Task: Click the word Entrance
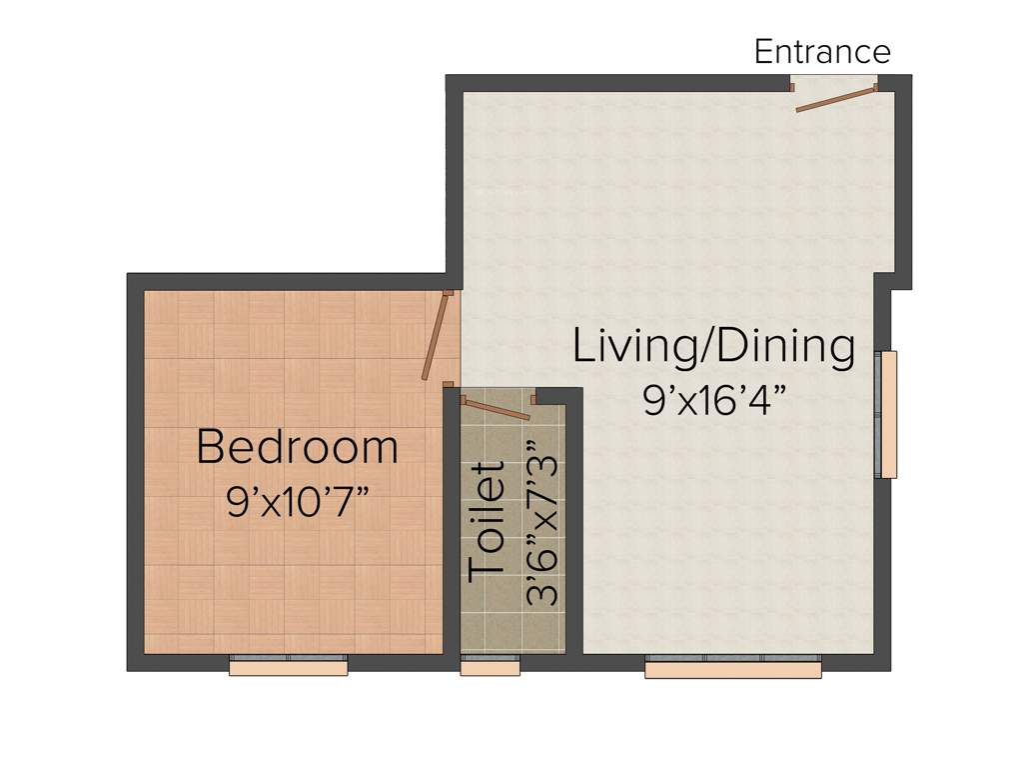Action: click(821, 51)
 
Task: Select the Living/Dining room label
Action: click(713, 346)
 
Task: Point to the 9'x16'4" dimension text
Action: click(713, 400)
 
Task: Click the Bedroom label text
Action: click(297, 446)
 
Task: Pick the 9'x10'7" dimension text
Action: click(297, 501)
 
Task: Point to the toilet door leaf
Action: click(496, 409)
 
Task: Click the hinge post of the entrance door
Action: click(876, 87)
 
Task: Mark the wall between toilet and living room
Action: click(574, 520)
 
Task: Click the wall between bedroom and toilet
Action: click(452, 520)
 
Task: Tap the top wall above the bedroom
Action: click(290, 281)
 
